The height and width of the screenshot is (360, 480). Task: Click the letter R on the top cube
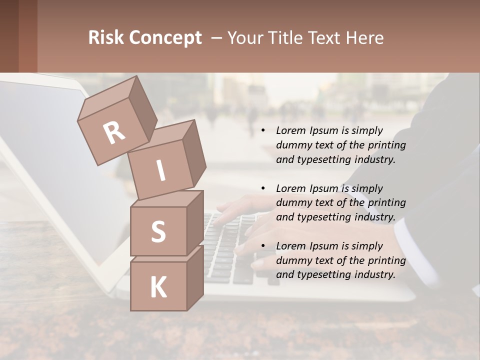click(114, 132)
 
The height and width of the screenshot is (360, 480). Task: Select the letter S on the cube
click(158, 231)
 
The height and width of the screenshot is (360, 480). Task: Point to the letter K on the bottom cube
click(158, 287)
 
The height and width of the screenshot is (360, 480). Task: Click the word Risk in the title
click(105, 38)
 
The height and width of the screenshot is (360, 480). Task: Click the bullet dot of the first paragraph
click(263, 131)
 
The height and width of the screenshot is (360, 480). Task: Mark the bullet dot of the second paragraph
click(263, 188)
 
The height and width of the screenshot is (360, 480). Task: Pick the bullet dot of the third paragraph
click(263, 246)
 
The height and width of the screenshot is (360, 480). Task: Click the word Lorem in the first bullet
click(290, 131)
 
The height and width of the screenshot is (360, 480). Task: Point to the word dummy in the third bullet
click(292, 260)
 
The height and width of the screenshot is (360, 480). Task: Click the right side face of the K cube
click(195, 277)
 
